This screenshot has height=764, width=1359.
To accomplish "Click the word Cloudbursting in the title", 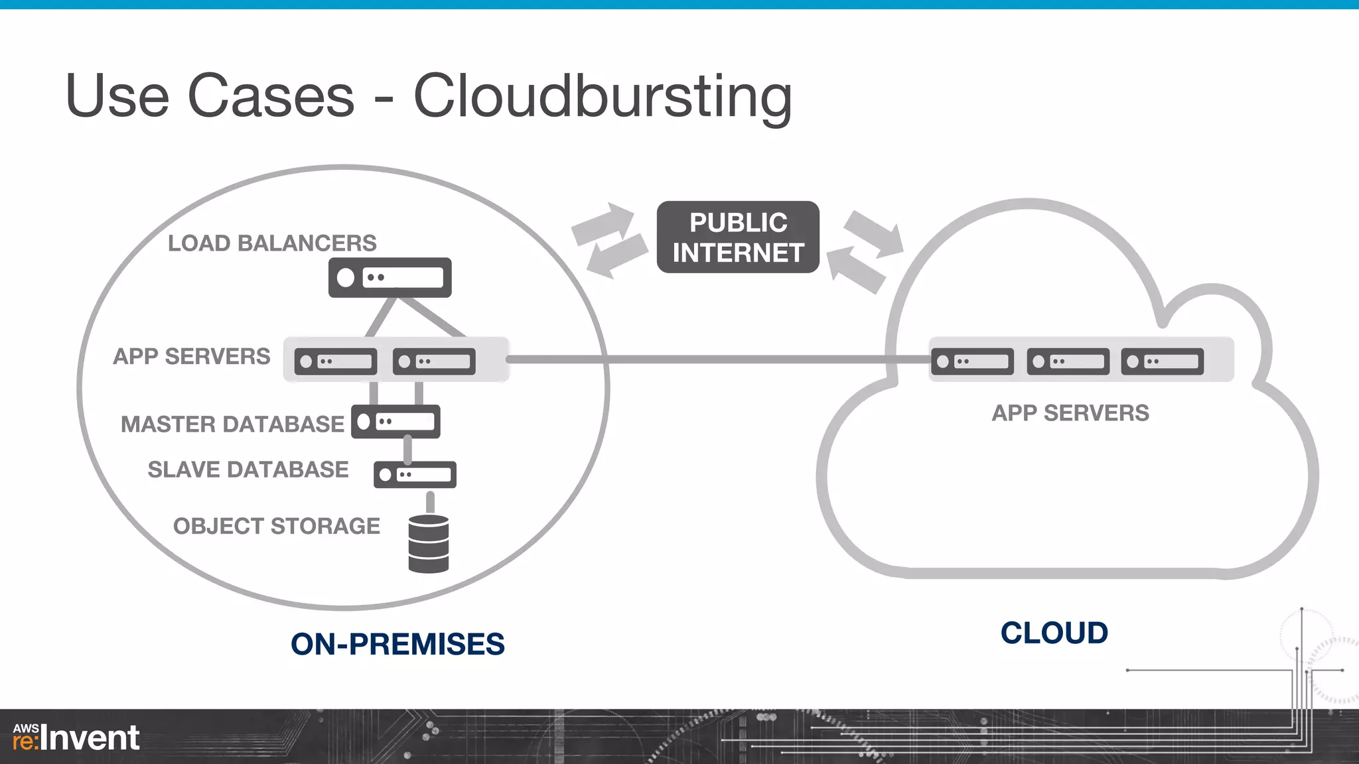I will click(603, 97).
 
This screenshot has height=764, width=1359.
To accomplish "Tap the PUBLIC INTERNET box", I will click(738, 237).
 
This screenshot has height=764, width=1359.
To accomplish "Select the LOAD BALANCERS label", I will click(272, 243).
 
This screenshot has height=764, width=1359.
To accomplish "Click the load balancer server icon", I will click(390, 277).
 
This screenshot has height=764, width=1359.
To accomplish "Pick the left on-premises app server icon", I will click(336, 361).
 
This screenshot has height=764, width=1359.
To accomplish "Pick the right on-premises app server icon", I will click(434, 361).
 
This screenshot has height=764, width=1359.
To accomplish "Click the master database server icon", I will click(396, 422).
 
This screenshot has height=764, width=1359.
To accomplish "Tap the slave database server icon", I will click(415, 475).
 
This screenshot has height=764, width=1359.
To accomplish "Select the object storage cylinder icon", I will click(429, 544).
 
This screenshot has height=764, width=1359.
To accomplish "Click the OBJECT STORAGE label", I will click(277, 526).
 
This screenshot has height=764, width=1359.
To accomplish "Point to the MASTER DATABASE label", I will click(232, 424).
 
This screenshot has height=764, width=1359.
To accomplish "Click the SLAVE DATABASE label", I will click(248, 470).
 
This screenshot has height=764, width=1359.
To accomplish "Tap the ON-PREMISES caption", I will click(397, 644).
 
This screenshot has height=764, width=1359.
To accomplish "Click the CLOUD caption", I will click(1054, 633).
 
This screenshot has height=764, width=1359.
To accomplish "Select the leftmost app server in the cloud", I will click(972, 361).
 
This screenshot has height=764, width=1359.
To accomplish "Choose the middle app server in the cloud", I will click(1068, 361).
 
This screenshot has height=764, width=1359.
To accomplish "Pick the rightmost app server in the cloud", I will click(1163, 361).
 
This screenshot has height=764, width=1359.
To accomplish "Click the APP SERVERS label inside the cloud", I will click(1070, 413).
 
